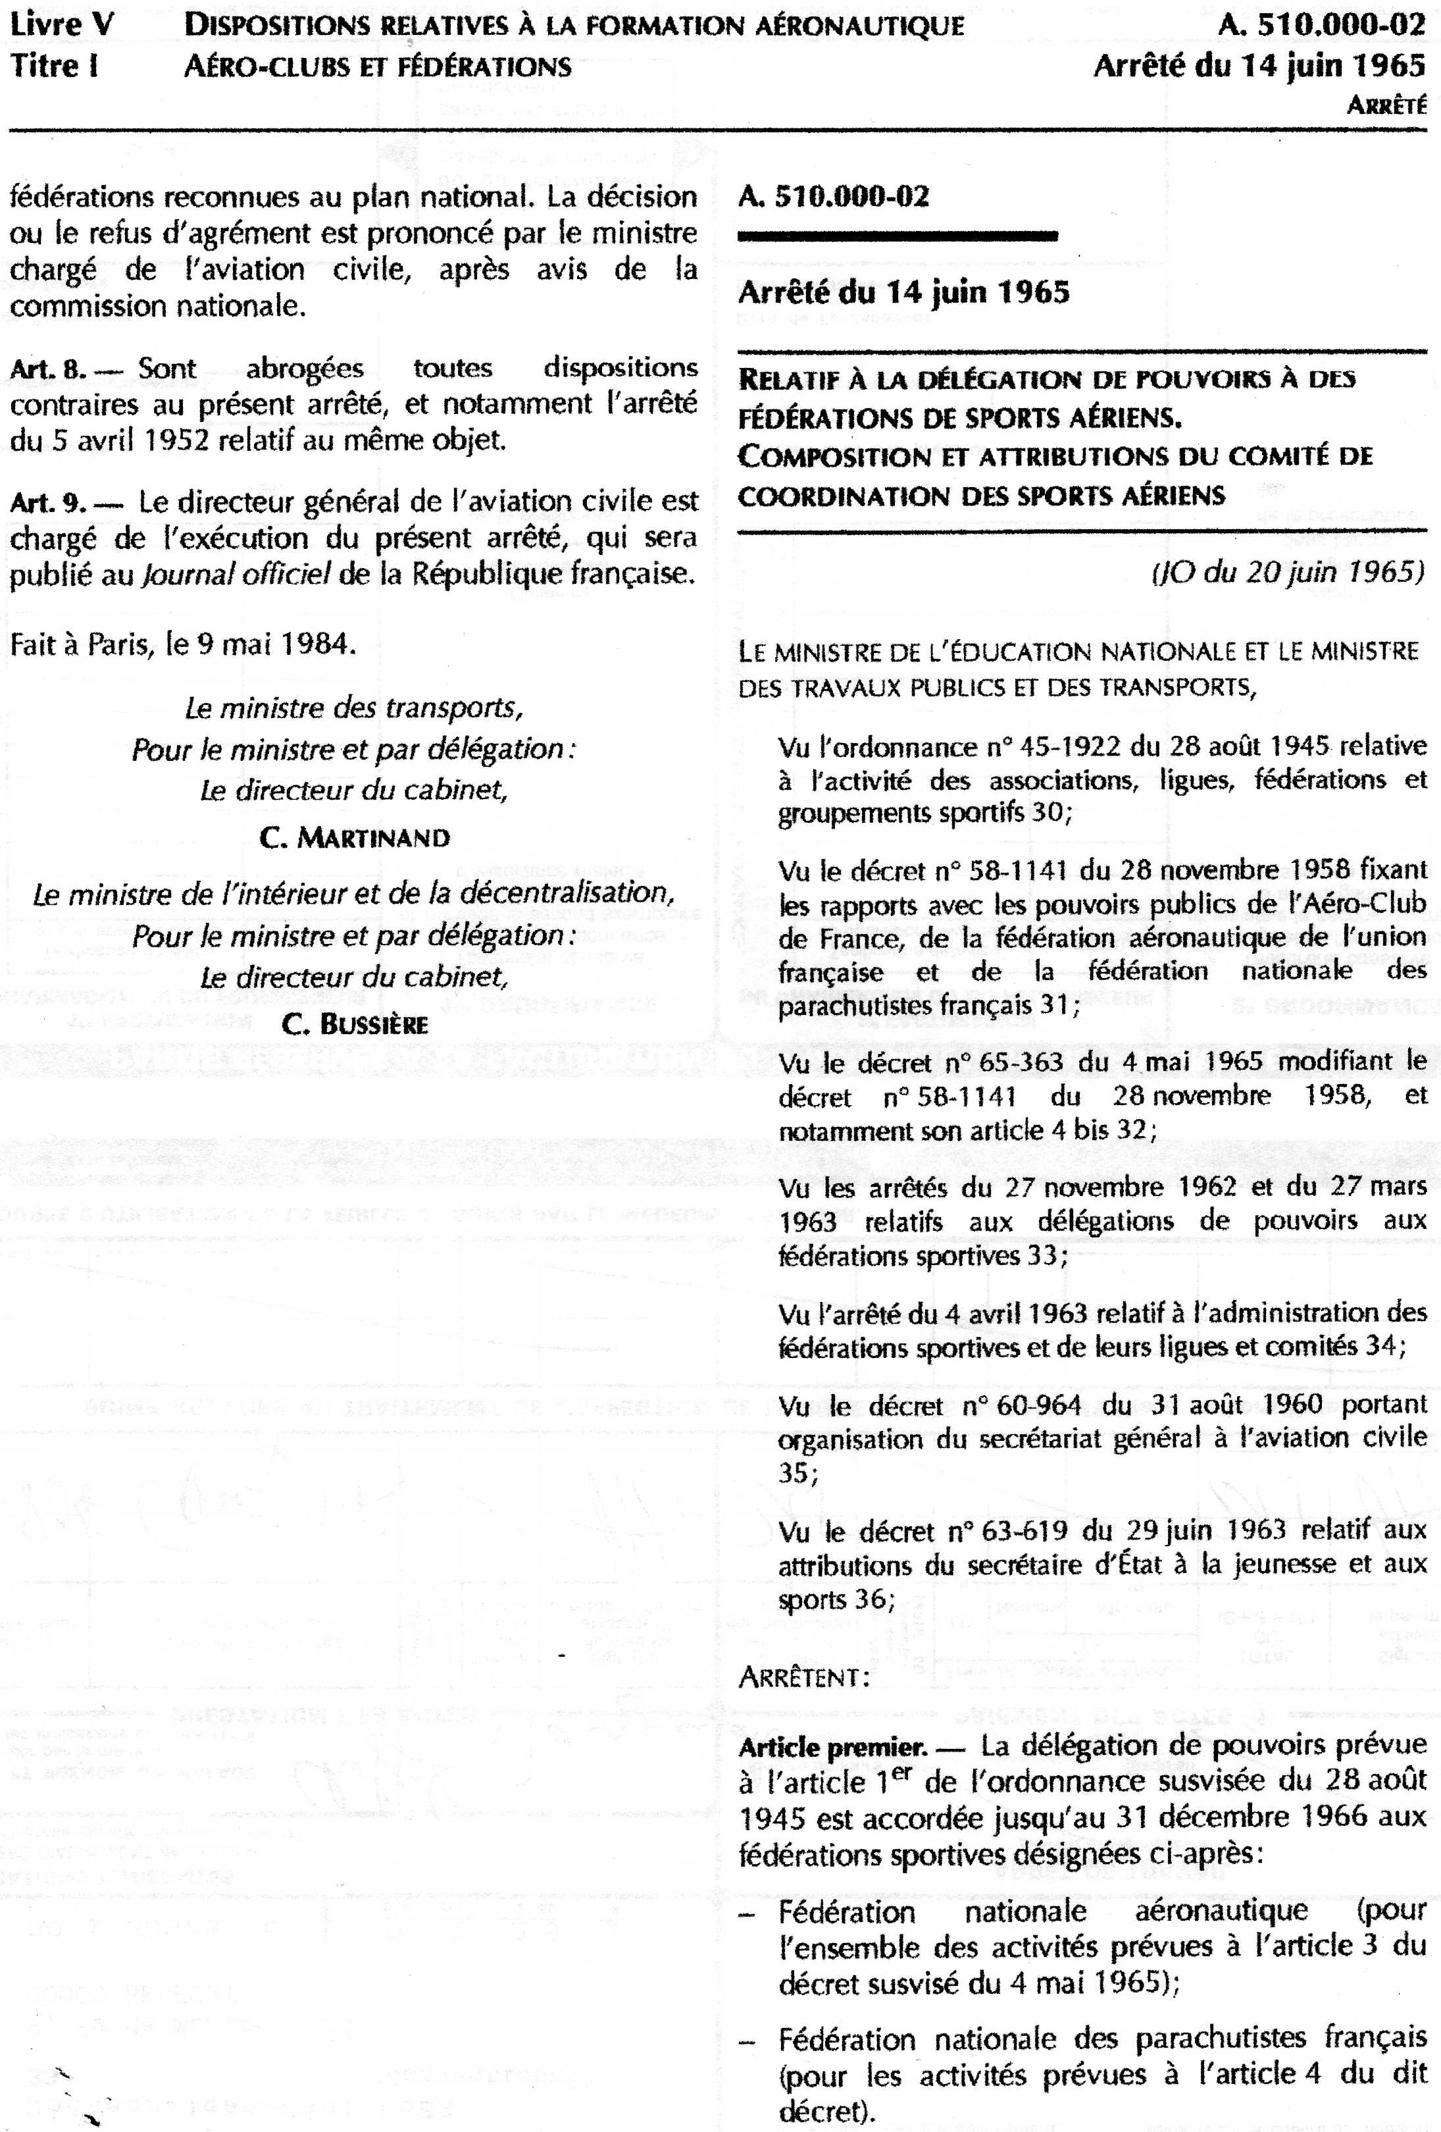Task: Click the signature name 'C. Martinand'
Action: (355, 837)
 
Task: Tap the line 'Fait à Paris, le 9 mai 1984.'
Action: (182, 644)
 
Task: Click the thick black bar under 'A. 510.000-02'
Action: (898, 236)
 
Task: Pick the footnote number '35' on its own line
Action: (794, 1472)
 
